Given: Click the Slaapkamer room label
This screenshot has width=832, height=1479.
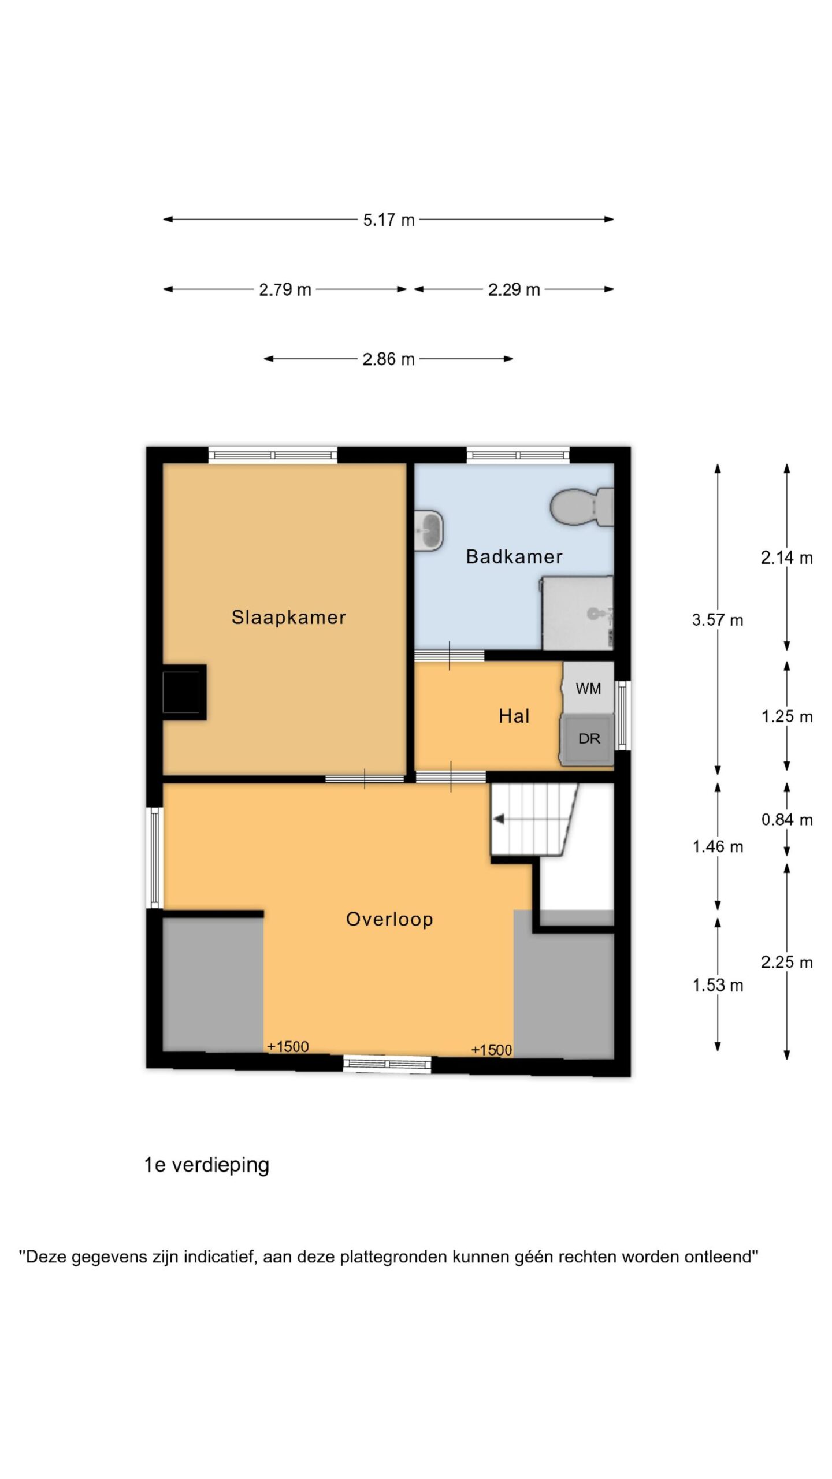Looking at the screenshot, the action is (288, 617).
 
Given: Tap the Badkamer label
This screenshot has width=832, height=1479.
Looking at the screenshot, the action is (514, 556).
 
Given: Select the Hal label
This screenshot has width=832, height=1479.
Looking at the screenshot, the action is (514, 716).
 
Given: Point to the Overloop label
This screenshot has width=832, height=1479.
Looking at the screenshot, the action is (389, 919).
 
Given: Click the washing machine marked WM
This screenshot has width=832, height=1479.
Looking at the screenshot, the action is (588, 688).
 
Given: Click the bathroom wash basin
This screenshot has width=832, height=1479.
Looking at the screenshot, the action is (429, 530).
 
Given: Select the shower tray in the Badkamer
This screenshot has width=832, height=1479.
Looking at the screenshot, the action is (577, 612).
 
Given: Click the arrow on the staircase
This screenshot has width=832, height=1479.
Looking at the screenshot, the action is (498, 819).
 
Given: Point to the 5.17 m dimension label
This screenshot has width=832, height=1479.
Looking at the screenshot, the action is (388, 220).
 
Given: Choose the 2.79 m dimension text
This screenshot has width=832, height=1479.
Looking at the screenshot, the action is (285, 289).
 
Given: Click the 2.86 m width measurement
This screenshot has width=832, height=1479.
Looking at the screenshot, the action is (388, 359).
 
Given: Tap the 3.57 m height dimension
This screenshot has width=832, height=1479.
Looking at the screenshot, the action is (718, 620).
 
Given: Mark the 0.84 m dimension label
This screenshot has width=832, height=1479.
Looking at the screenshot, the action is (787, 820).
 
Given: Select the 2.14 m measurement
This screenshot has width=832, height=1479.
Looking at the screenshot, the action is (787, 558).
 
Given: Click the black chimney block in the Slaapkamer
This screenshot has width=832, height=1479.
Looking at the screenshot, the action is (184, 692).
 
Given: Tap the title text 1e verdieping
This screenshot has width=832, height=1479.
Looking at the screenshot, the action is (207, 1165).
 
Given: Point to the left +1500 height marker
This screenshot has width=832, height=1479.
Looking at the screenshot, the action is (288, 1046).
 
